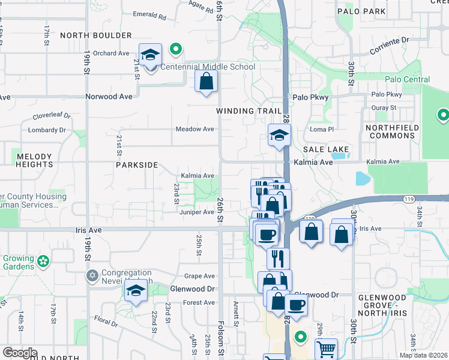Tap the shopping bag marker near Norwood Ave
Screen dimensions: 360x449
[206, 82]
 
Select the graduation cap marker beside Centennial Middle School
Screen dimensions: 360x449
[150, 55]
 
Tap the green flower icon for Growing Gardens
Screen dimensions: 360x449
[43, 261]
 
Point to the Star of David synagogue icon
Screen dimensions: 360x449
[91, 276]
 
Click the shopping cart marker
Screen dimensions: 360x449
[326, 349]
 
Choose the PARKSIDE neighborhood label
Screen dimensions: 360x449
[137, 164]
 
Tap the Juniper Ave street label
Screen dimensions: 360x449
[196, 212]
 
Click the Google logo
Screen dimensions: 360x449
[19, 353]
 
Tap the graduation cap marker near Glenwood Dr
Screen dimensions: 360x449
[136, 292]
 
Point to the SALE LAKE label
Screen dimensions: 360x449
[326, 148]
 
